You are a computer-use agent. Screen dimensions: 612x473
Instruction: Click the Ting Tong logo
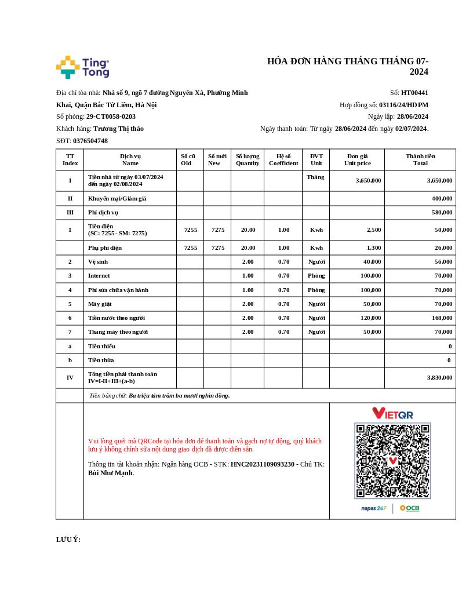click(x=82, y=67)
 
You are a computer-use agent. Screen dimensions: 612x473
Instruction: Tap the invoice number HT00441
click(x=414, y=93)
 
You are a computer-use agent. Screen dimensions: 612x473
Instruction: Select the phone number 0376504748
click(x=90, y=141)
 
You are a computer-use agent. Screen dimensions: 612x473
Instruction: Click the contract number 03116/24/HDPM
click(x=403, y=105)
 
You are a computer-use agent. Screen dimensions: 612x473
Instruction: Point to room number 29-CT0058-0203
click(x=111, y=116)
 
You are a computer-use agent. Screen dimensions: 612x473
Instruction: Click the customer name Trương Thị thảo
click(x=118, y=129)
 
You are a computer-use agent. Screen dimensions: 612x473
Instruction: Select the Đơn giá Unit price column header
click(x=357, y=159)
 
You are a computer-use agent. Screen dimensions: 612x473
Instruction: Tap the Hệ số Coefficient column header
click(x=283, y=159)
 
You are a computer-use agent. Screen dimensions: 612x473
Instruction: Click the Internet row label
click(x=99, y=275)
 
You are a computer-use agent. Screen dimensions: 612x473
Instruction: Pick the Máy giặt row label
click(x=100, y=304)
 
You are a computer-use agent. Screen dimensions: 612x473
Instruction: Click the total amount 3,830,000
click(x=439, y=377)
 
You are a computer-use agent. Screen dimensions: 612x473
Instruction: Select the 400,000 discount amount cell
click(x=442, y=198)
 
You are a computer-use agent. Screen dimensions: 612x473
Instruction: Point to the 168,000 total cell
click(x=442, y=318)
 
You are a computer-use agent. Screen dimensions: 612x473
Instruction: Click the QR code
click(x=392, y=461)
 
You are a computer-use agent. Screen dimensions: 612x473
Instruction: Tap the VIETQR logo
click(x=392, y=413)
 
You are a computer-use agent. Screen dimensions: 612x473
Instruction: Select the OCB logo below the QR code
click(x=409, y=508)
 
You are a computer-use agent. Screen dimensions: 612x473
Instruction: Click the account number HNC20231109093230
click(x=262, y=464)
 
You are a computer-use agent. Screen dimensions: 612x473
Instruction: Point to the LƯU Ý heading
click(x=68, y=540)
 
